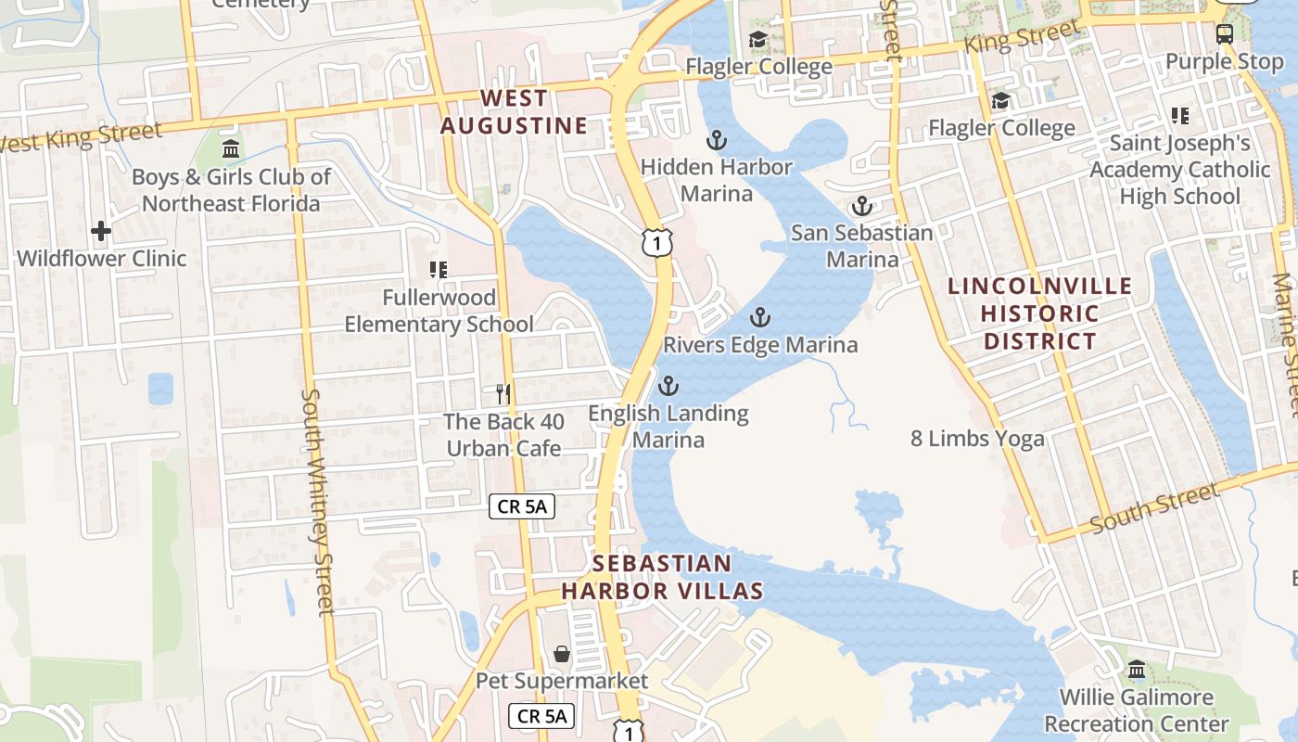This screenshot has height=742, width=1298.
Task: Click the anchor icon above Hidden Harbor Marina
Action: tap(716, 141)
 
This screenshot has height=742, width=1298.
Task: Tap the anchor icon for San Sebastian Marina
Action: tap(862, 206)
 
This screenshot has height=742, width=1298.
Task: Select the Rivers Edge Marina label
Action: tap(760, 345)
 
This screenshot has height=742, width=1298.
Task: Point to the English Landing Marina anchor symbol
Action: tap(668, 386)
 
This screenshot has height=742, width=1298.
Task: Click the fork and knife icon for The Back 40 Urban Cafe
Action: tap(503, 394)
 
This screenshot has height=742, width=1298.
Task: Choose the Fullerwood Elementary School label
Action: tap(439, 311)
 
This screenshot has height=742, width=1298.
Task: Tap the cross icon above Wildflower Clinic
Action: tap(101, 231)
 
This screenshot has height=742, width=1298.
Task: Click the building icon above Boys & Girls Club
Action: tap(231, 149)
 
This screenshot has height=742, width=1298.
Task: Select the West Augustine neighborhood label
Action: tap(514, 111)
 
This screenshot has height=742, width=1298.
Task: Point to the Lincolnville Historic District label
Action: tap(1040, 313)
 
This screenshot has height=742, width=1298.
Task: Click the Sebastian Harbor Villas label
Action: tap(662, 577)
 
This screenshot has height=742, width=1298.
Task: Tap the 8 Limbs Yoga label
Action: tap(977, 439)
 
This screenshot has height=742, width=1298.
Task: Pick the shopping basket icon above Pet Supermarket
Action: tap(562, 654)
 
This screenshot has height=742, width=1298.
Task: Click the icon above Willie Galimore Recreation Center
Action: tap(1137, 670)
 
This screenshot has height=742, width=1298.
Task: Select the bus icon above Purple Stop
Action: tap(1225, 34)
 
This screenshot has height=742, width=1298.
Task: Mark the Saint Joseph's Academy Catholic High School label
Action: tap(1179, 170)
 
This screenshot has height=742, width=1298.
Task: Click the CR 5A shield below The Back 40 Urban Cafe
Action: tap(522, 506)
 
